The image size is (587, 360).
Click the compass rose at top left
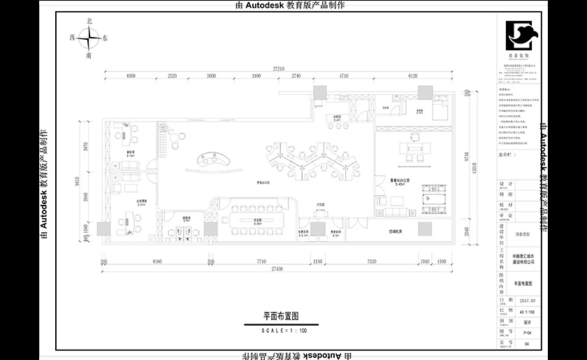88,39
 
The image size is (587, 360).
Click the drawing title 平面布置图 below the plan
281,316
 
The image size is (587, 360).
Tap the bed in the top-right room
440,110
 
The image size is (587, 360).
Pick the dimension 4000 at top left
130,76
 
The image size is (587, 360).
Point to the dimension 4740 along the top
342,76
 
